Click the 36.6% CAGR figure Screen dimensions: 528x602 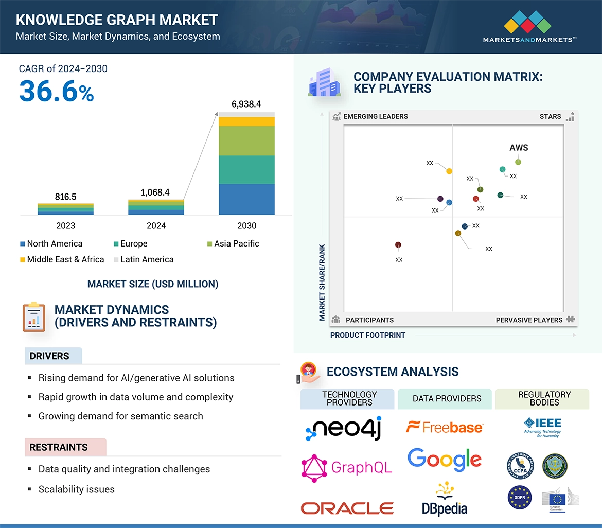(x=57, y=92)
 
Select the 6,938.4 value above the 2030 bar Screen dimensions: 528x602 (x=246, y=104)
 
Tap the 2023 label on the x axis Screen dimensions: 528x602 (x=65, y=225)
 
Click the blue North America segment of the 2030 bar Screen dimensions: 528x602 (x=246, y=200)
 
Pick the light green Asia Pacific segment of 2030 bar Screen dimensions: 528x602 (x=246, y=141)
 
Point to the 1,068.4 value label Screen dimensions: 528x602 (x=155, y=192)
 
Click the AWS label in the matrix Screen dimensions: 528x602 (x=519, y=148)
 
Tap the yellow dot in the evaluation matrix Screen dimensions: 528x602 (x=449, y=171)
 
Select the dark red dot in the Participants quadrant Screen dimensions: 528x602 (x=398, y=245)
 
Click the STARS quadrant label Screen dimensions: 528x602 (x=550, y=116)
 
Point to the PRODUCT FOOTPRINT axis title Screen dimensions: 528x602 (x=367, y=335)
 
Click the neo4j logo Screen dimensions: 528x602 (x=343, y=429)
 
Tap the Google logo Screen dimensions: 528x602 (x=445, y=459)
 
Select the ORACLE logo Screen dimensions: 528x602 (x=347, y=508)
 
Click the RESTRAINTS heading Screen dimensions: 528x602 (x=59, y=447)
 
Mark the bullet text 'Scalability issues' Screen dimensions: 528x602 (x=77, y=489)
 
